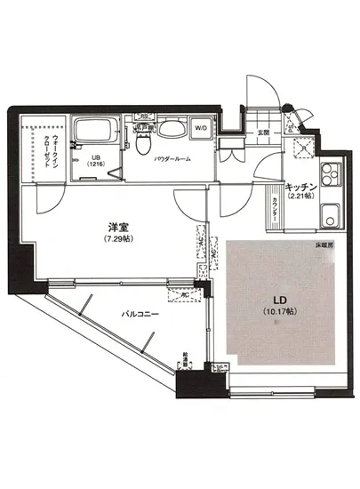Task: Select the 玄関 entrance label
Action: [264, 133]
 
